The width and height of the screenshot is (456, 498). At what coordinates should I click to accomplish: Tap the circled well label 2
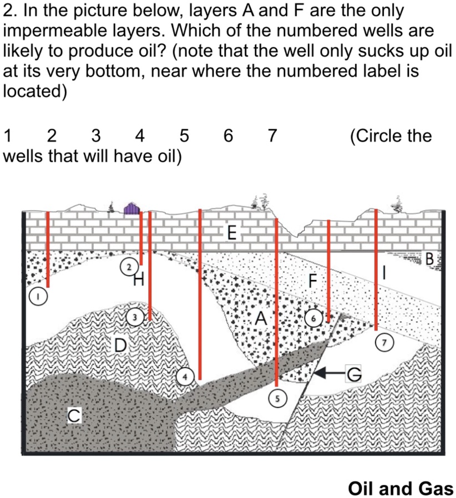pyautogui.click(x=129, y=267)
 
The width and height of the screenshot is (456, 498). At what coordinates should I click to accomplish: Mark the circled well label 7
pyautogui.click(x=382, y=340)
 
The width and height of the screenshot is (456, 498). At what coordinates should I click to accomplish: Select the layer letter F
pyautogui.click(x=313, y=281)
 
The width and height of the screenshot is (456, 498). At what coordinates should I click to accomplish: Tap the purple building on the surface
pyautogui.click(x=131, y=209)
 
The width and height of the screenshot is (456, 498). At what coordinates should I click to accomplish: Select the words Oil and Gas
pyautogui.click(x=400, y=488)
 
